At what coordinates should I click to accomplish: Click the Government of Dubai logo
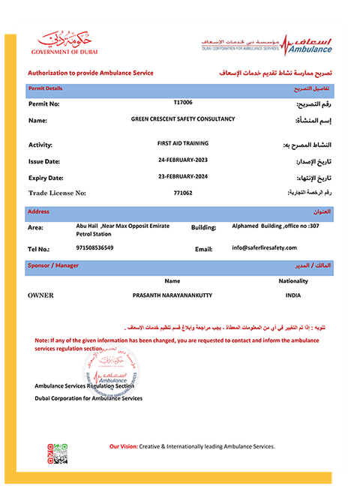click(x=64, y=41)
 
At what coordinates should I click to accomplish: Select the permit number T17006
click(x=183, y=101)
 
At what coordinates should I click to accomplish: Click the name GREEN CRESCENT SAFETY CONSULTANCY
click(x=183, y=118)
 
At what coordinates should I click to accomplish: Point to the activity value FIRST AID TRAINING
click(x=183, y=142)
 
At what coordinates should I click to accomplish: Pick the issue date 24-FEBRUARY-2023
click(x=183, y=160)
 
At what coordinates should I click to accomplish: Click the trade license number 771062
click(x=183, y=193)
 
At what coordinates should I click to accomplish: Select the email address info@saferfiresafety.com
click(x=265, y=247)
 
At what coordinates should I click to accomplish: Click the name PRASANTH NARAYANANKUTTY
click(x=172, y=295)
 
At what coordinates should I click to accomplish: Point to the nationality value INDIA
click(x=292, y=295)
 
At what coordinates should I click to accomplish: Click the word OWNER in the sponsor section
click(x=41, y=295)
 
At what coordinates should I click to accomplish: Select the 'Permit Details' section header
click(x=45, y=88)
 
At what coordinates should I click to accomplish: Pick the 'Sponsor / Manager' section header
click(x=53, y=265)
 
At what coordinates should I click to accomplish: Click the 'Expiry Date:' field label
click(x=46, y=178)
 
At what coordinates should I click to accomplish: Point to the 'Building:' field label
click(x=204, y=227)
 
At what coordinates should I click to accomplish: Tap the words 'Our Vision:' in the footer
click(x=124, y=446)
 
